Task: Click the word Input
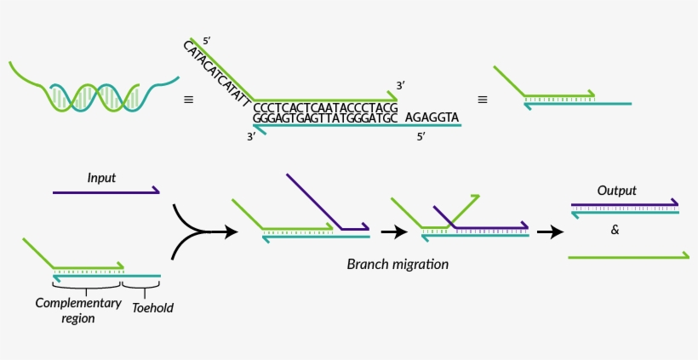tap(101, 178)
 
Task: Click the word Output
tap(616, 191)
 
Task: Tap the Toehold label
tap(152, 307)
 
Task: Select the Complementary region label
tap(65, 310)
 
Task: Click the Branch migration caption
tap(398, 264)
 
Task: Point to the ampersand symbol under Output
tap(615, 229)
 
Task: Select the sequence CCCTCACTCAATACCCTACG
tap(325, 108)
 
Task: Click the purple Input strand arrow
tap(106, 192)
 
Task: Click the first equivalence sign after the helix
tap(188, 100)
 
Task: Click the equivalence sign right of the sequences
tap(483, 100)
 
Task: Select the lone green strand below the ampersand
tap(628, 255)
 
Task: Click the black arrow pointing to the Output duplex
tap(550, 231)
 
